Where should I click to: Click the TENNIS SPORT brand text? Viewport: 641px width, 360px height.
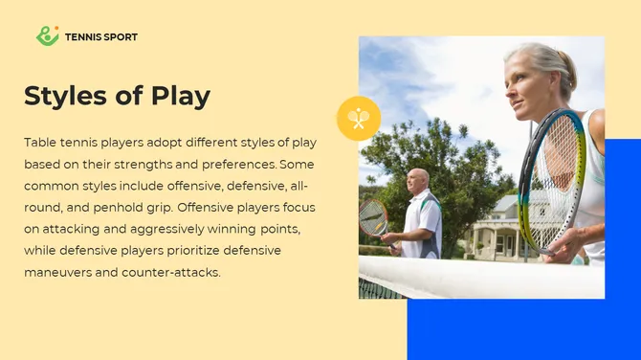click(x=101, y=37)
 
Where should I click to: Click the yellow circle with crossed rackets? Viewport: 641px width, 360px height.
click(x=359, y=119)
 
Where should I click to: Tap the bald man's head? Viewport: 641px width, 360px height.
click(x=417, y=179)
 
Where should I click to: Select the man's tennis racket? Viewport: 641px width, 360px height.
click(x=372, y=218)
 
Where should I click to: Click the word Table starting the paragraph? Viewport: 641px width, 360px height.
click(x=40, y=142)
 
